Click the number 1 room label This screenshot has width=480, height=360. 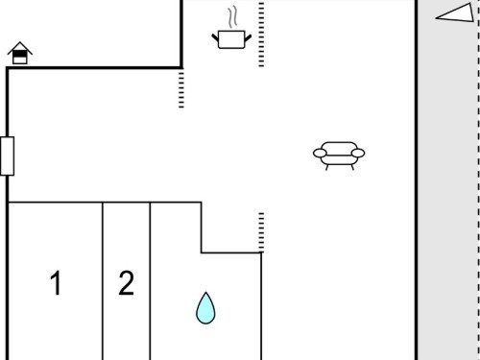tap(56, 283)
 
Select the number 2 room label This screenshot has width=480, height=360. tap(126, 283)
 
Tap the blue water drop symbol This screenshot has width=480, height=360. tap(205, 308)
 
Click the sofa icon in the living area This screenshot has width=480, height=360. tap(339, 156)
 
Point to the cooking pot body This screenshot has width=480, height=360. tap(231, 39)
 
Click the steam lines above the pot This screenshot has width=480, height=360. tap(233, 16)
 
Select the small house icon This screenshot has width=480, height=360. tap(20, 53)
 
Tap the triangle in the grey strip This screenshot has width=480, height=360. tap(455, 12)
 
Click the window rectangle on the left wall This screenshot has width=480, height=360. tap(7, 156)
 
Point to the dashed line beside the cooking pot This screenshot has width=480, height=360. tap(261, 35)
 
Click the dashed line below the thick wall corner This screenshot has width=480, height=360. tap(181, 89)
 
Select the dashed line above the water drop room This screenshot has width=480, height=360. tap(261, 232)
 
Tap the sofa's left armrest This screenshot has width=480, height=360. tap(320, 154)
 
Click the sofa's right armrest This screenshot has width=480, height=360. tap(358, 154)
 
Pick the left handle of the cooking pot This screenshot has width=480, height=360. tap(215, 37)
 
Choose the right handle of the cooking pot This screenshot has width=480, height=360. tap(248, 37)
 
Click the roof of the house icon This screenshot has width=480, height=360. tap(20, 47)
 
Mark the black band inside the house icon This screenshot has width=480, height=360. tap(20, 55)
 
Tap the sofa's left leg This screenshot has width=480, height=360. tap(326, 167)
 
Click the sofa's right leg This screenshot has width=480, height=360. tap(352, 167)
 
